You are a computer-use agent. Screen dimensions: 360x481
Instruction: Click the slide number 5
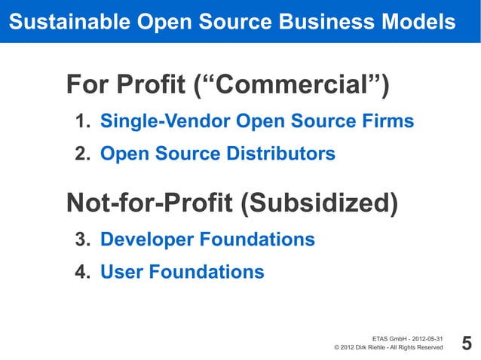(466, 344)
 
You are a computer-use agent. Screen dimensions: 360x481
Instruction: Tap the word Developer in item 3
(146, 240)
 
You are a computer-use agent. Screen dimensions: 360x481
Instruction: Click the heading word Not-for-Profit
(150, 203)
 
